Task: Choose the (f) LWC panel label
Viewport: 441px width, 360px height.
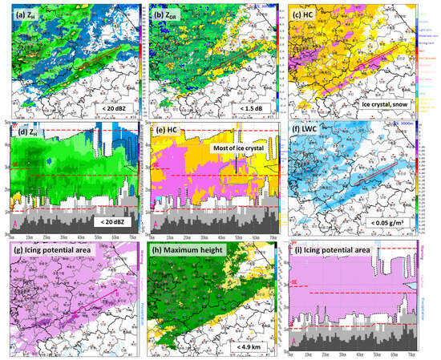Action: (318, 131)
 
